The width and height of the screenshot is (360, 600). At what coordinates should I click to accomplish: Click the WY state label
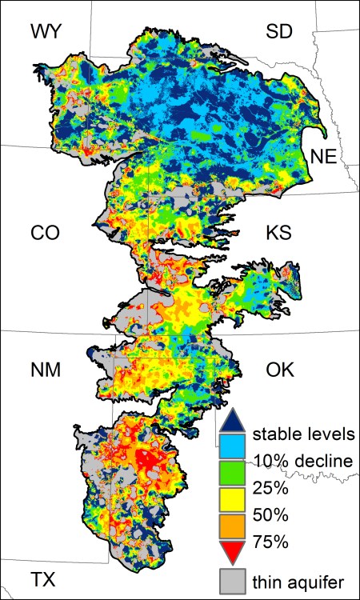[x=47, y=31]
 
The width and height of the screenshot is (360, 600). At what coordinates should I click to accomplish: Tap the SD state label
[x=279, y=31]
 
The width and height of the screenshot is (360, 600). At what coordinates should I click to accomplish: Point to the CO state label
[x=47, y=233]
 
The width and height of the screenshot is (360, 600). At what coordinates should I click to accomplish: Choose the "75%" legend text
[x=268, y=538]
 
